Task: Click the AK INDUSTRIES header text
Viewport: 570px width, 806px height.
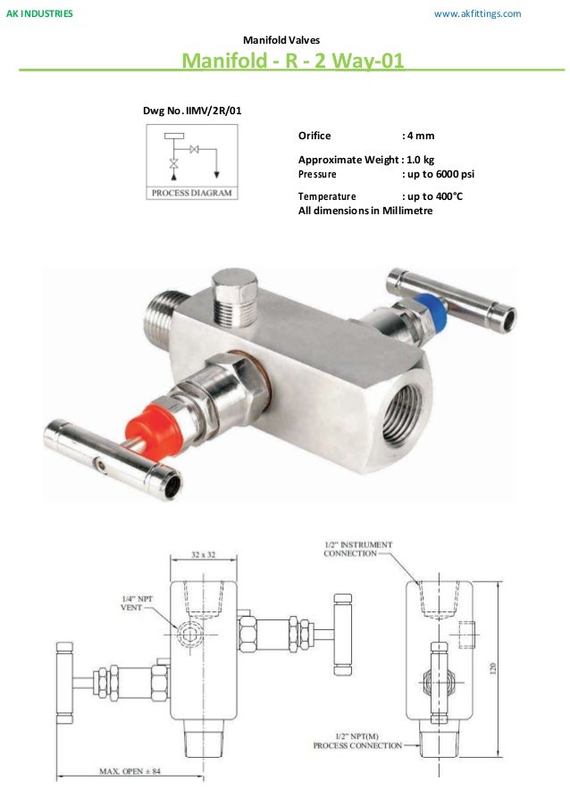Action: click(x=40, y=14)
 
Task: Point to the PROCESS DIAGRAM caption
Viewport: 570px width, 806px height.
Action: click(x=191, y=192)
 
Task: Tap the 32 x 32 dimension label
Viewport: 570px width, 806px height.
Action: click(x=203, y=554)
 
